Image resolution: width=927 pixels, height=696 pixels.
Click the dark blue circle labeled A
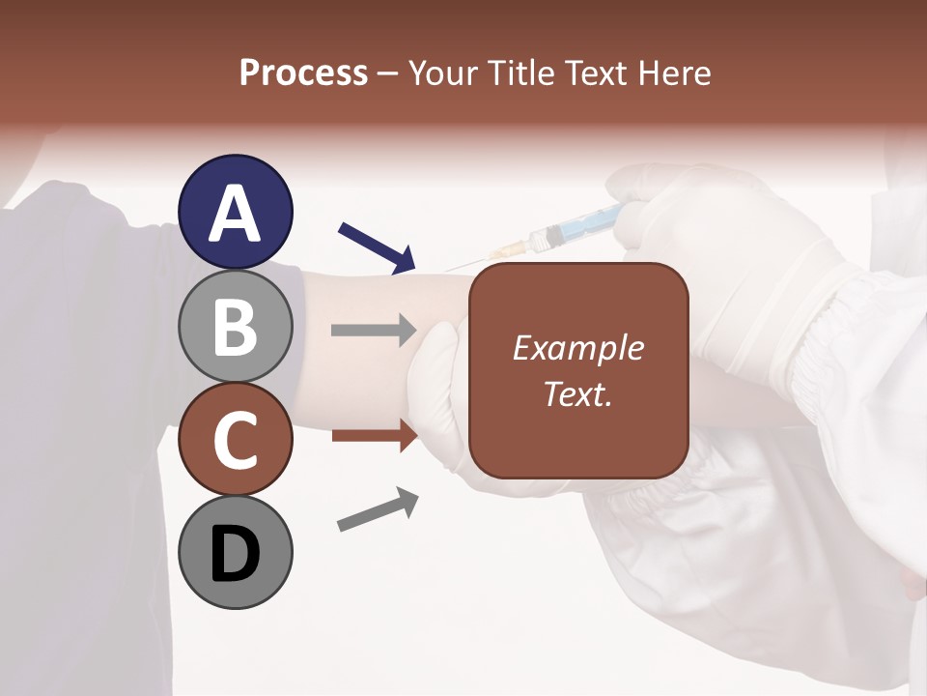236,212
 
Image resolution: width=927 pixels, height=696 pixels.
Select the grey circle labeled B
236,326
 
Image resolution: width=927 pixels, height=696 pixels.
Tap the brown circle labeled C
236,439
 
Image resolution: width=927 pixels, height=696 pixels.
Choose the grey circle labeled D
236,552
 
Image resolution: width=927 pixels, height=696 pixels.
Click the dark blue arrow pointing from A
377,246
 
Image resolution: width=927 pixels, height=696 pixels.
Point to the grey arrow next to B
374,330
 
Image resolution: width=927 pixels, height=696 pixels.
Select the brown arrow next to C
374,435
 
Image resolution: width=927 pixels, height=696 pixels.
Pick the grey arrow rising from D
378,509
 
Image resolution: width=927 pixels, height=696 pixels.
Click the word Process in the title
303,72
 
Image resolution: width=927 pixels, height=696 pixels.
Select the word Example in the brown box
577,348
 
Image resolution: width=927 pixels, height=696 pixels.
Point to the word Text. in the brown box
577,393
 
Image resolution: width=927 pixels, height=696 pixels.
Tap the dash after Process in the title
388,74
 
